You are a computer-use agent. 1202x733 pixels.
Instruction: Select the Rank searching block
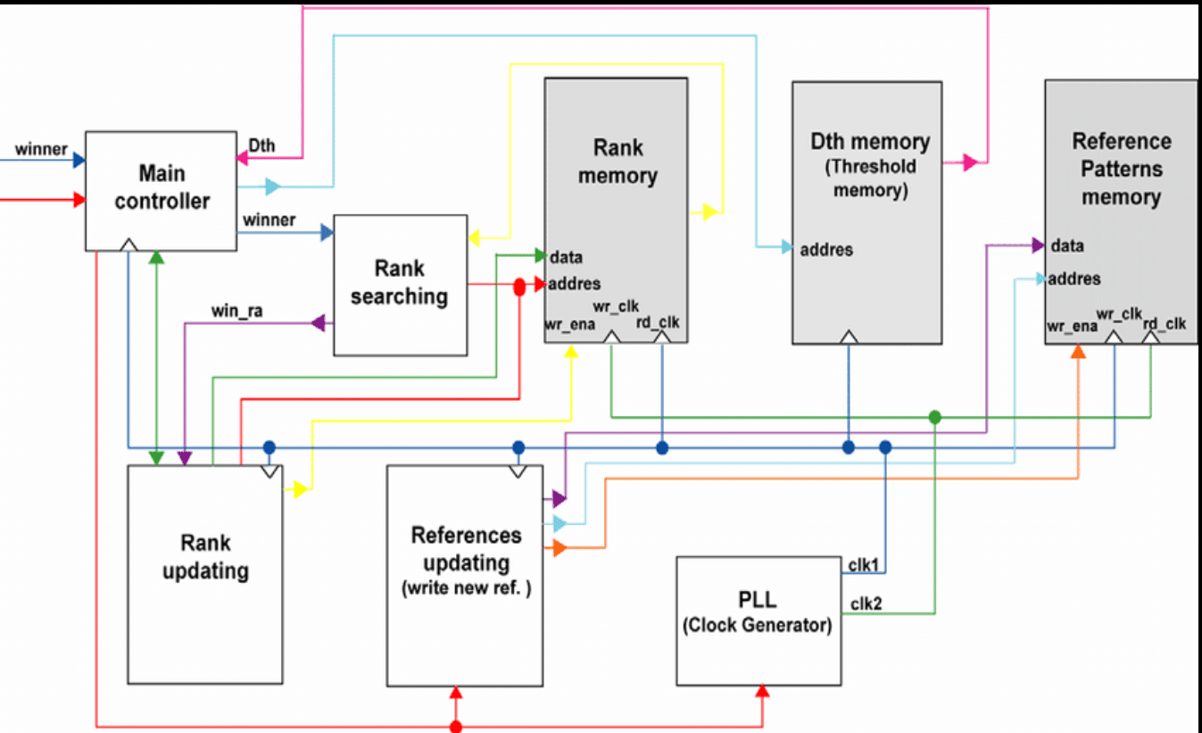pos(400,284)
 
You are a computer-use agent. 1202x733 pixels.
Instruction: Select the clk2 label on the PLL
pos(866,604)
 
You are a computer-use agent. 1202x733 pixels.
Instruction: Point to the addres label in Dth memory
pos(826,250)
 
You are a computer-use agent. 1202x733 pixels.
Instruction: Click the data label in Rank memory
pos(566,258)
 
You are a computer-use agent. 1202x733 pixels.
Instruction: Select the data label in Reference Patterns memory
pos(1067,246)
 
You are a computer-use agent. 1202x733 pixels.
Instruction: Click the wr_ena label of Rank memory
pos(563,325)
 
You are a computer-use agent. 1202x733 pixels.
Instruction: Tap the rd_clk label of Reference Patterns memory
pos(1165,324)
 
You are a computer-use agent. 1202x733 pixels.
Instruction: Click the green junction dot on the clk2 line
pos(934,417)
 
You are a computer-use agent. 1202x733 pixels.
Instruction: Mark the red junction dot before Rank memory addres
pos(518,287)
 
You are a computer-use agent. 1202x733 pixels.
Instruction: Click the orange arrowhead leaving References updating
pos(560,548)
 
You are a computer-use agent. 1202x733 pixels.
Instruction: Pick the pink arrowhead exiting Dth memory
pos(971,162)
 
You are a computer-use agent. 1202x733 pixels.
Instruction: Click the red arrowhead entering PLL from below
pos(763,692)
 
